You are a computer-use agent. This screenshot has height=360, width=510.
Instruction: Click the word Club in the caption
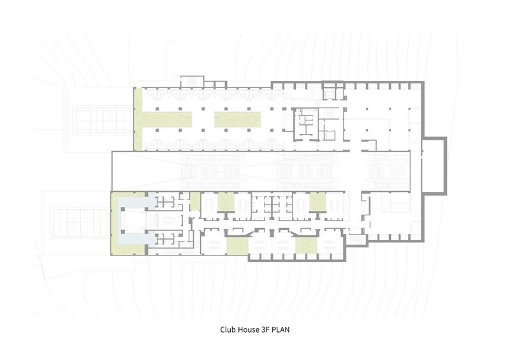228,329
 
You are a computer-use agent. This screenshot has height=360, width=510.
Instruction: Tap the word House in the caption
248,329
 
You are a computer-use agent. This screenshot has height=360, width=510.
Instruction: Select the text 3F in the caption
265,329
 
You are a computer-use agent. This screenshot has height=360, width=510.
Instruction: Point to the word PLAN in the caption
280,329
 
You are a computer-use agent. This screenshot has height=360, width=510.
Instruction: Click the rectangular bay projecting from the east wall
434,166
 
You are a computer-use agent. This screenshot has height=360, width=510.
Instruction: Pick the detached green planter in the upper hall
237,120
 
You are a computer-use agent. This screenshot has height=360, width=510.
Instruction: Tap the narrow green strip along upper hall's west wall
138,119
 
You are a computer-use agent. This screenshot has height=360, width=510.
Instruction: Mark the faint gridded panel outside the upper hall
103,120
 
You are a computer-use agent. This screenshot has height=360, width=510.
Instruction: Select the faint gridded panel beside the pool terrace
80,223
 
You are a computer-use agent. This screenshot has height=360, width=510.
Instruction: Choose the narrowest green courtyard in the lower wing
195,201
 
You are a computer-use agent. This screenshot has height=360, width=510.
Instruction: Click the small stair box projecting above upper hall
193,82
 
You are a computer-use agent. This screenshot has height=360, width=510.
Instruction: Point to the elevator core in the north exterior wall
333,90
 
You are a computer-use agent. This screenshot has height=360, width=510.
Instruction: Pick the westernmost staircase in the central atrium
212,170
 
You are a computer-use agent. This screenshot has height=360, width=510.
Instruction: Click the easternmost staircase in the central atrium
387,170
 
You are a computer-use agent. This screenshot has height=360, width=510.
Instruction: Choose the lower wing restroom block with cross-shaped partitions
272,205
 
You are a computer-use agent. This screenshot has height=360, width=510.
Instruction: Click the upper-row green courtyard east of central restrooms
317,201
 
